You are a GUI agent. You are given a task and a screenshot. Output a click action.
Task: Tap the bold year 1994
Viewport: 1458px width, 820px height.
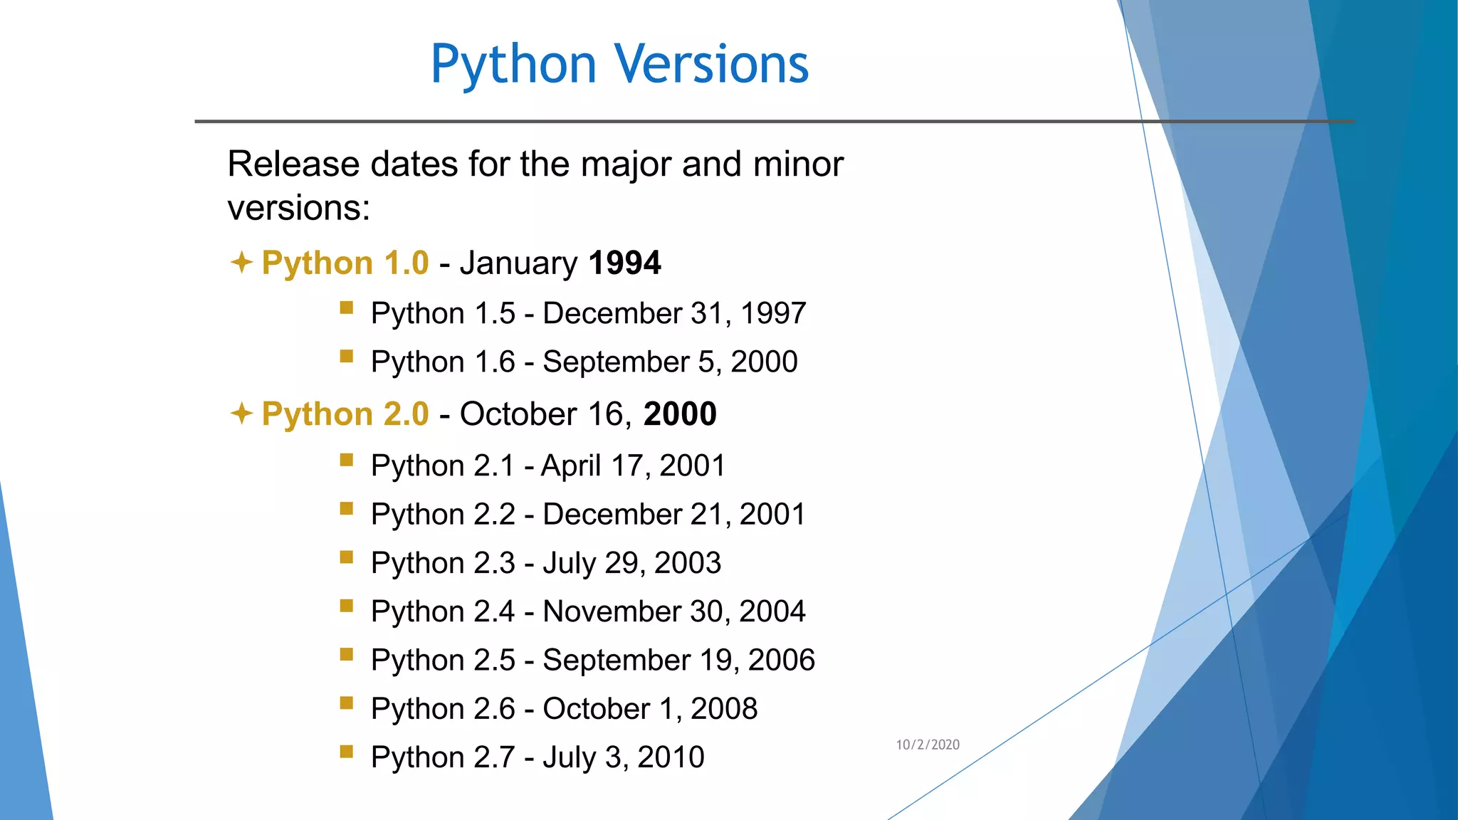(x=625, y=263)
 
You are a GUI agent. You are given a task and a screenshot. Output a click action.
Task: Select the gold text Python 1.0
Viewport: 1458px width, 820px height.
(x=345, y=263)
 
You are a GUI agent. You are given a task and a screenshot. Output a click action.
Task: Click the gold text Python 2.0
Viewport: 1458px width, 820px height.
(x=345, y=414)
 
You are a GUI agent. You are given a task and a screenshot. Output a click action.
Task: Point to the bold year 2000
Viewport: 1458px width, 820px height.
(x=680, y=414)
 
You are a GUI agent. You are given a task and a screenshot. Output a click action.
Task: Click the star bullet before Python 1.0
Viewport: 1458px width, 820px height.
(x=242, y=262)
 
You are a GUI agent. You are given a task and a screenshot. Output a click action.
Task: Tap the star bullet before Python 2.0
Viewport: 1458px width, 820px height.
(x=242, y=413)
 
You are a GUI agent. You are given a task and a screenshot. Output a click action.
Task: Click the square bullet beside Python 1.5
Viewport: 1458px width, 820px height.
(x=347, y=307)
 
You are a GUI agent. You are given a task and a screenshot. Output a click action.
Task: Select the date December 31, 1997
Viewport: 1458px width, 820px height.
(x=674, y=313)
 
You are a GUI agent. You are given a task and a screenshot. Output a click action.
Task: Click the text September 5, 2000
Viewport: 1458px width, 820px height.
(x=670, y=362)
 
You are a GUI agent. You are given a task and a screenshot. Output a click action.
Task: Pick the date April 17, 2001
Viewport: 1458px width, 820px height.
(x=633, y=466)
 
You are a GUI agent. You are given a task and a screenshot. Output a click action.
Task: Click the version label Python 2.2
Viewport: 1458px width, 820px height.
(x=443, y=514)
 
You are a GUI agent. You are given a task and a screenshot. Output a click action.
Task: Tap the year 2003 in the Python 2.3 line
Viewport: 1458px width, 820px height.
(x=688, y=562)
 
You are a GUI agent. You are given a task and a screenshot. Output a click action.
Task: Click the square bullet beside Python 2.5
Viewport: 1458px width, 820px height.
(x=347, y=654)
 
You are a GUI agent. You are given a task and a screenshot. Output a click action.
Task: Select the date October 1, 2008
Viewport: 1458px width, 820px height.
(x=650, y=708)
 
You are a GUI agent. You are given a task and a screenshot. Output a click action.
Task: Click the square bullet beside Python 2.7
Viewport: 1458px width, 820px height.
(x=347, y=751)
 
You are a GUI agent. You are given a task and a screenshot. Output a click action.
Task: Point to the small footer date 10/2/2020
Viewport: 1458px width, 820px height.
(x=928, y=745)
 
